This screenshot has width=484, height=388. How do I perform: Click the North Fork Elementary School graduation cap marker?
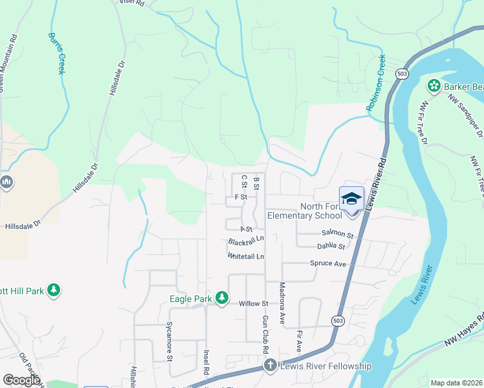tap(351, 198)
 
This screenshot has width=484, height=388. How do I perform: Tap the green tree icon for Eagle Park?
tap(222, 298)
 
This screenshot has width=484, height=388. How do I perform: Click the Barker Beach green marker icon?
tap(433, 86)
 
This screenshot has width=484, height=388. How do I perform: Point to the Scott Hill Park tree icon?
tap(55, 290)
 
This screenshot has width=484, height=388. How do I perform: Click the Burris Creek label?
tap(56, 54)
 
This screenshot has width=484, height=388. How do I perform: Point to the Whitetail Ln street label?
tap(246, 257)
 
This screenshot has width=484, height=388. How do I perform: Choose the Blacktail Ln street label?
tap(246, 241)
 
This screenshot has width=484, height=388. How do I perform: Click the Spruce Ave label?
tap(328, 264)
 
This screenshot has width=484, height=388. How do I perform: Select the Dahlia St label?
tap(331, 246)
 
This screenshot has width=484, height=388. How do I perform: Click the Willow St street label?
tap(253, 303)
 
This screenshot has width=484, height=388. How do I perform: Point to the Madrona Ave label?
tap(282, 303)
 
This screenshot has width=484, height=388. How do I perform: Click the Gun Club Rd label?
tap(265, 334)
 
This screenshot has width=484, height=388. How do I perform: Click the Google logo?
tap(21, 380)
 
